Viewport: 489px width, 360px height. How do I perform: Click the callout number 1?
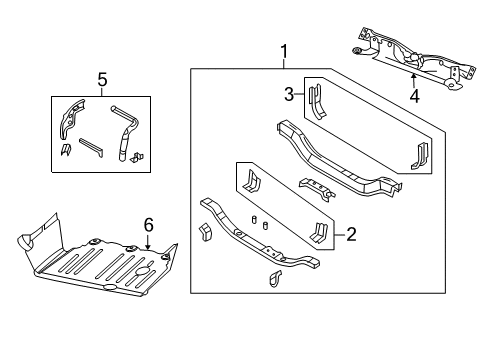(x=283, y=51)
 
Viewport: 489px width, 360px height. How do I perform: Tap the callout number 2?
(x=351, y=235)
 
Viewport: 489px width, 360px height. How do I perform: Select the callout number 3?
(x=289, y=95)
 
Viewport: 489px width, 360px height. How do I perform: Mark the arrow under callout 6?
(x=148, y=244)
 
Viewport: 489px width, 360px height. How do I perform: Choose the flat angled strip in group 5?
(x=89, y=146)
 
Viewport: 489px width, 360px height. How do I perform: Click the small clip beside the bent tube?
(x=139, y=155)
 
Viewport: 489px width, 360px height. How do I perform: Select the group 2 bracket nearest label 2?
(x=319, y=233)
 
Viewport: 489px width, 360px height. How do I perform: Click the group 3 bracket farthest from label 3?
(x=419, y=155)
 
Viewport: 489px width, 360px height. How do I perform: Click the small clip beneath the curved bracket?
(x=64, y=150)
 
